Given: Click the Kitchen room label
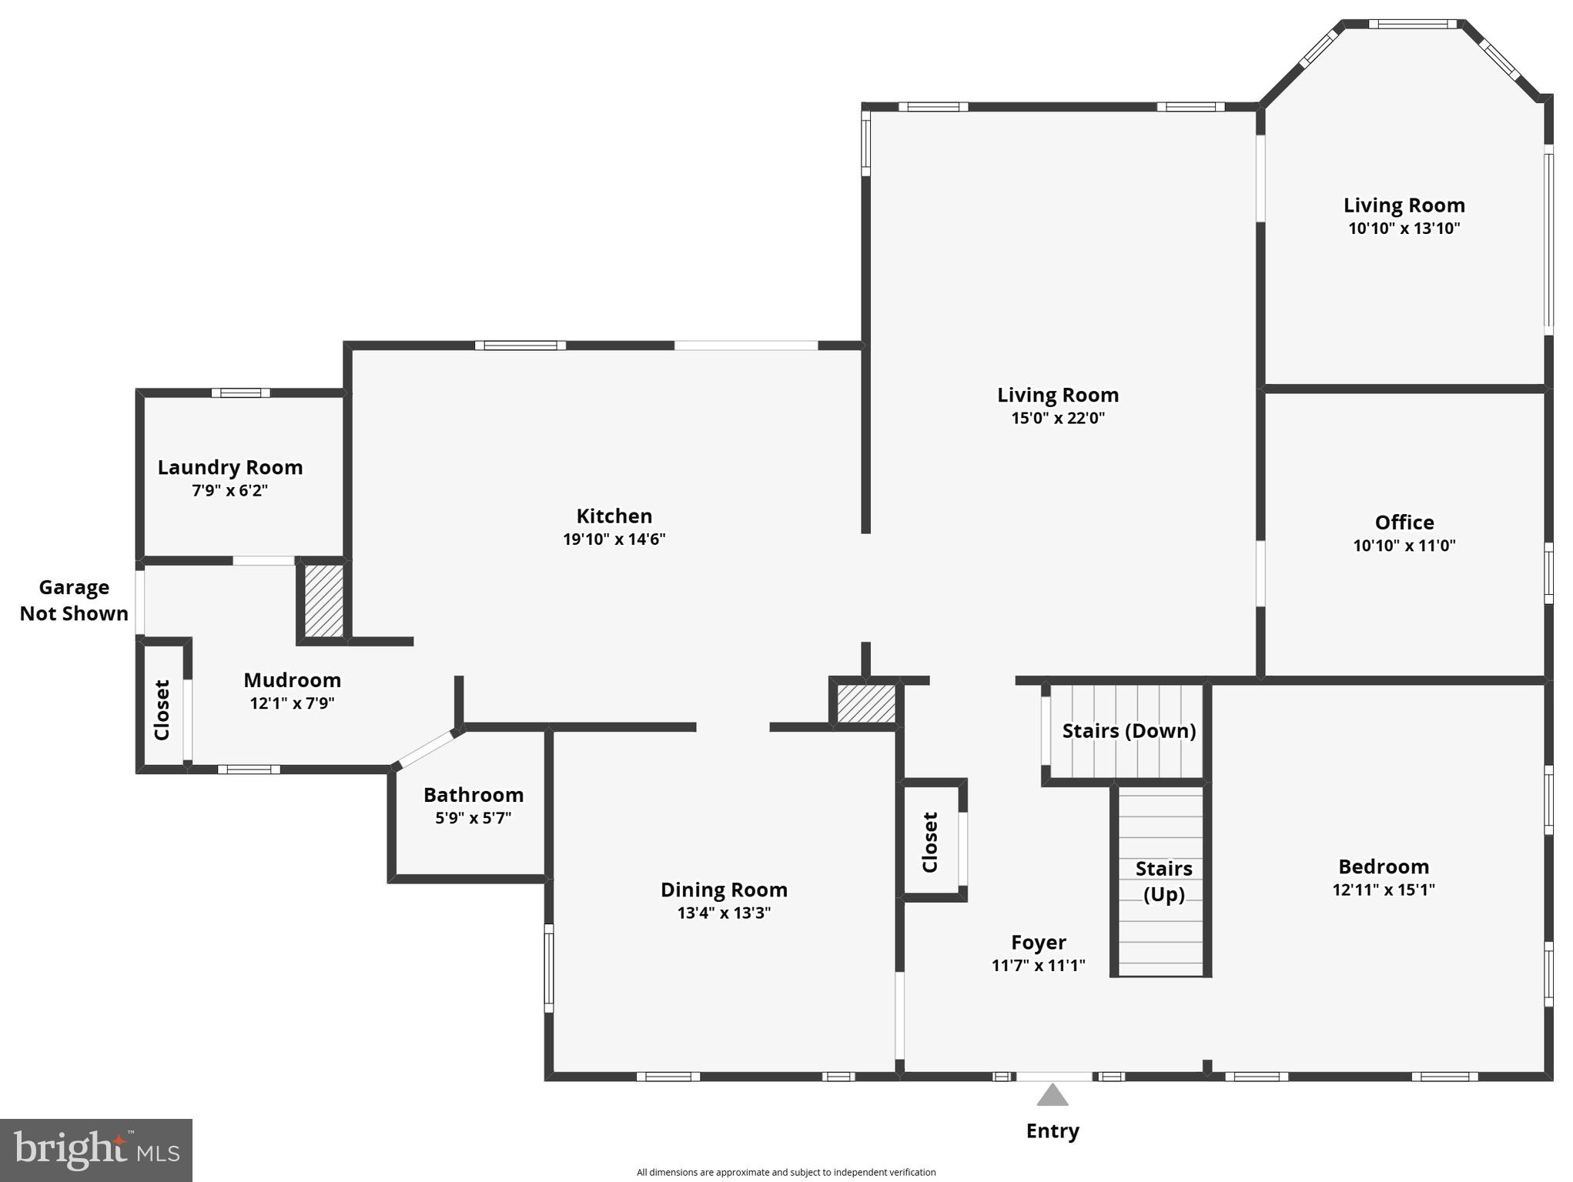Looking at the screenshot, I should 614,516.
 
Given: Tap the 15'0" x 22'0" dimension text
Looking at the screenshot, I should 1057,418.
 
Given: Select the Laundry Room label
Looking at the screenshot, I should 229,467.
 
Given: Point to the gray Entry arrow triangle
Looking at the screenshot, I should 1052,1095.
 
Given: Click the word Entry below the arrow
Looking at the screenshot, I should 1052,1130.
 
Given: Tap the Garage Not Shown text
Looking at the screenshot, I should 74,600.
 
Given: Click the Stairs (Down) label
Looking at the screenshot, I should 1129,730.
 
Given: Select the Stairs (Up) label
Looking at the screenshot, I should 1163,880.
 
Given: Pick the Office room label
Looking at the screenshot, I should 1404,523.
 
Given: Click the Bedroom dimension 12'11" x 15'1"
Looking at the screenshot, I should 1383,890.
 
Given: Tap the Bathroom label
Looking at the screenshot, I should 473,794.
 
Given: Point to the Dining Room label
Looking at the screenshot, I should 724,890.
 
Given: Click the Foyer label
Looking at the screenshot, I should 1038,942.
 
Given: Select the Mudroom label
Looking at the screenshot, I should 292,679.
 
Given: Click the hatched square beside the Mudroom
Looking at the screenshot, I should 323,600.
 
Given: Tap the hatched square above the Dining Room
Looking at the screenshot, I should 865,703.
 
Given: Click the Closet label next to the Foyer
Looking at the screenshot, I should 930,842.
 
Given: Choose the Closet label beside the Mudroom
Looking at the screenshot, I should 162,710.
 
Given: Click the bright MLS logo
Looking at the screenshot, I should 96,1150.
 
